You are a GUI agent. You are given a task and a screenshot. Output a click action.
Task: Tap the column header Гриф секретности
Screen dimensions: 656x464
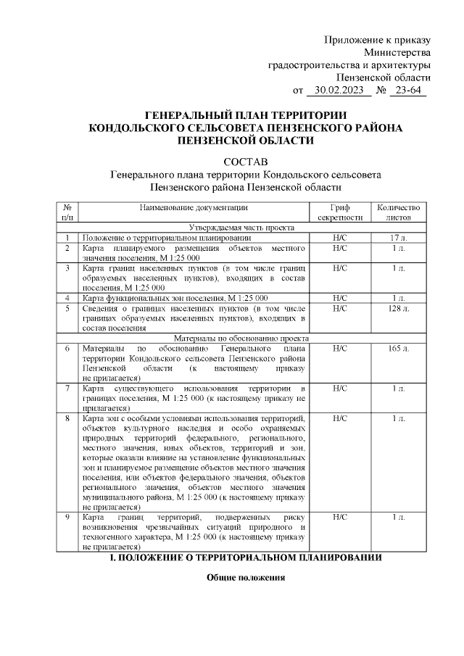click(340, 212)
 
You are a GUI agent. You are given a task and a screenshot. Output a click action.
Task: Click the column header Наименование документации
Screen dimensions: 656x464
click(195, 207)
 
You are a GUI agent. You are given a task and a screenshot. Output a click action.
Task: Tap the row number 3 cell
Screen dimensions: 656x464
click(67, 268)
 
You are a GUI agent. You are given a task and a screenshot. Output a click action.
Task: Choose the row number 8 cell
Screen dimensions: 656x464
click(67, 419)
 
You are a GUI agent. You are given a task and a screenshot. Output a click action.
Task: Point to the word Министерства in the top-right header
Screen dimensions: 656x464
click(397, 52)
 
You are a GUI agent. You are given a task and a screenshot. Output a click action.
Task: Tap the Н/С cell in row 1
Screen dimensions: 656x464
click(340, 238)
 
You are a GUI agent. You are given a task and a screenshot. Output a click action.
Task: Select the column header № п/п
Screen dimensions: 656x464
click(67, 212)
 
